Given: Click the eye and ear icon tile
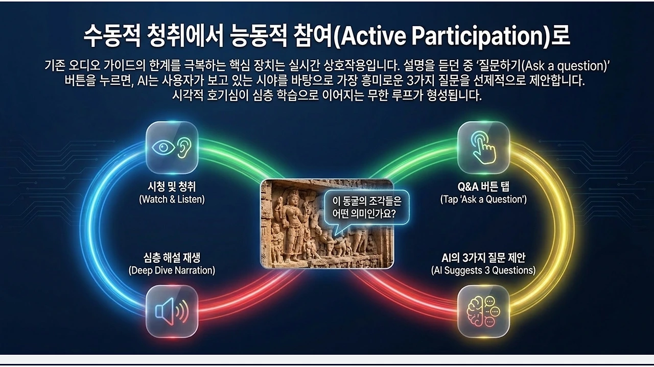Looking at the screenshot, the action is click(172, 148).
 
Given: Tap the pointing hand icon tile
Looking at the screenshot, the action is click(483, 148).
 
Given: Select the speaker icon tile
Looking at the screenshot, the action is click(172, 311).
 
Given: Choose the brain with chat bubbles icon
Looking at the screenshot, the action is click(483, 311).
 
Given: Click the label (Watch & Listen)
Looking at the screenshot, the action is click(172, 200).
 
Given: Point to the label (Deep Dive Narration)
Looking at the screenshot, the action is click(172, 271).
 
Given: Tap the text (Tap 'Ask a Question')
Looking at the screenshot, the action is click(483, 200).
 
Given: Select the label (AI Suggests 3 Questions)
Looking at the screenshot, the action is click(483, 271).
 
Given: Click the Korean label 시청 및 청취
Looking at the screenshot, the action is click(172, 187).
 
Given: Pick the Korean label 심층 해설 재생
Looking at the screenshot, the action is click(172, 258).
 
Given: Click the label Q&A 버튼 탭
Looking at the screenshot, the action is click(483, 187).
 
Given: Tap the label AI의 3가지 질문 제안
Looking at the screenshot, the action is click(483, 258).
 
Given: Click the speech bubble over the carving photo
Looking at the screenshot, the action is click(367, 208).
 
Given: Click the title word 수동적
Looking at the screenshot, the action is click(112, 36).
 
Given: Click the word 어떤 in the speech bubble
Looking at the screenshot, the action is click(340, 214).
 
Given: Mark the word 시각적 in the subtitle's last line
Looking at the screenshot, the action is click(188, 95).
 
